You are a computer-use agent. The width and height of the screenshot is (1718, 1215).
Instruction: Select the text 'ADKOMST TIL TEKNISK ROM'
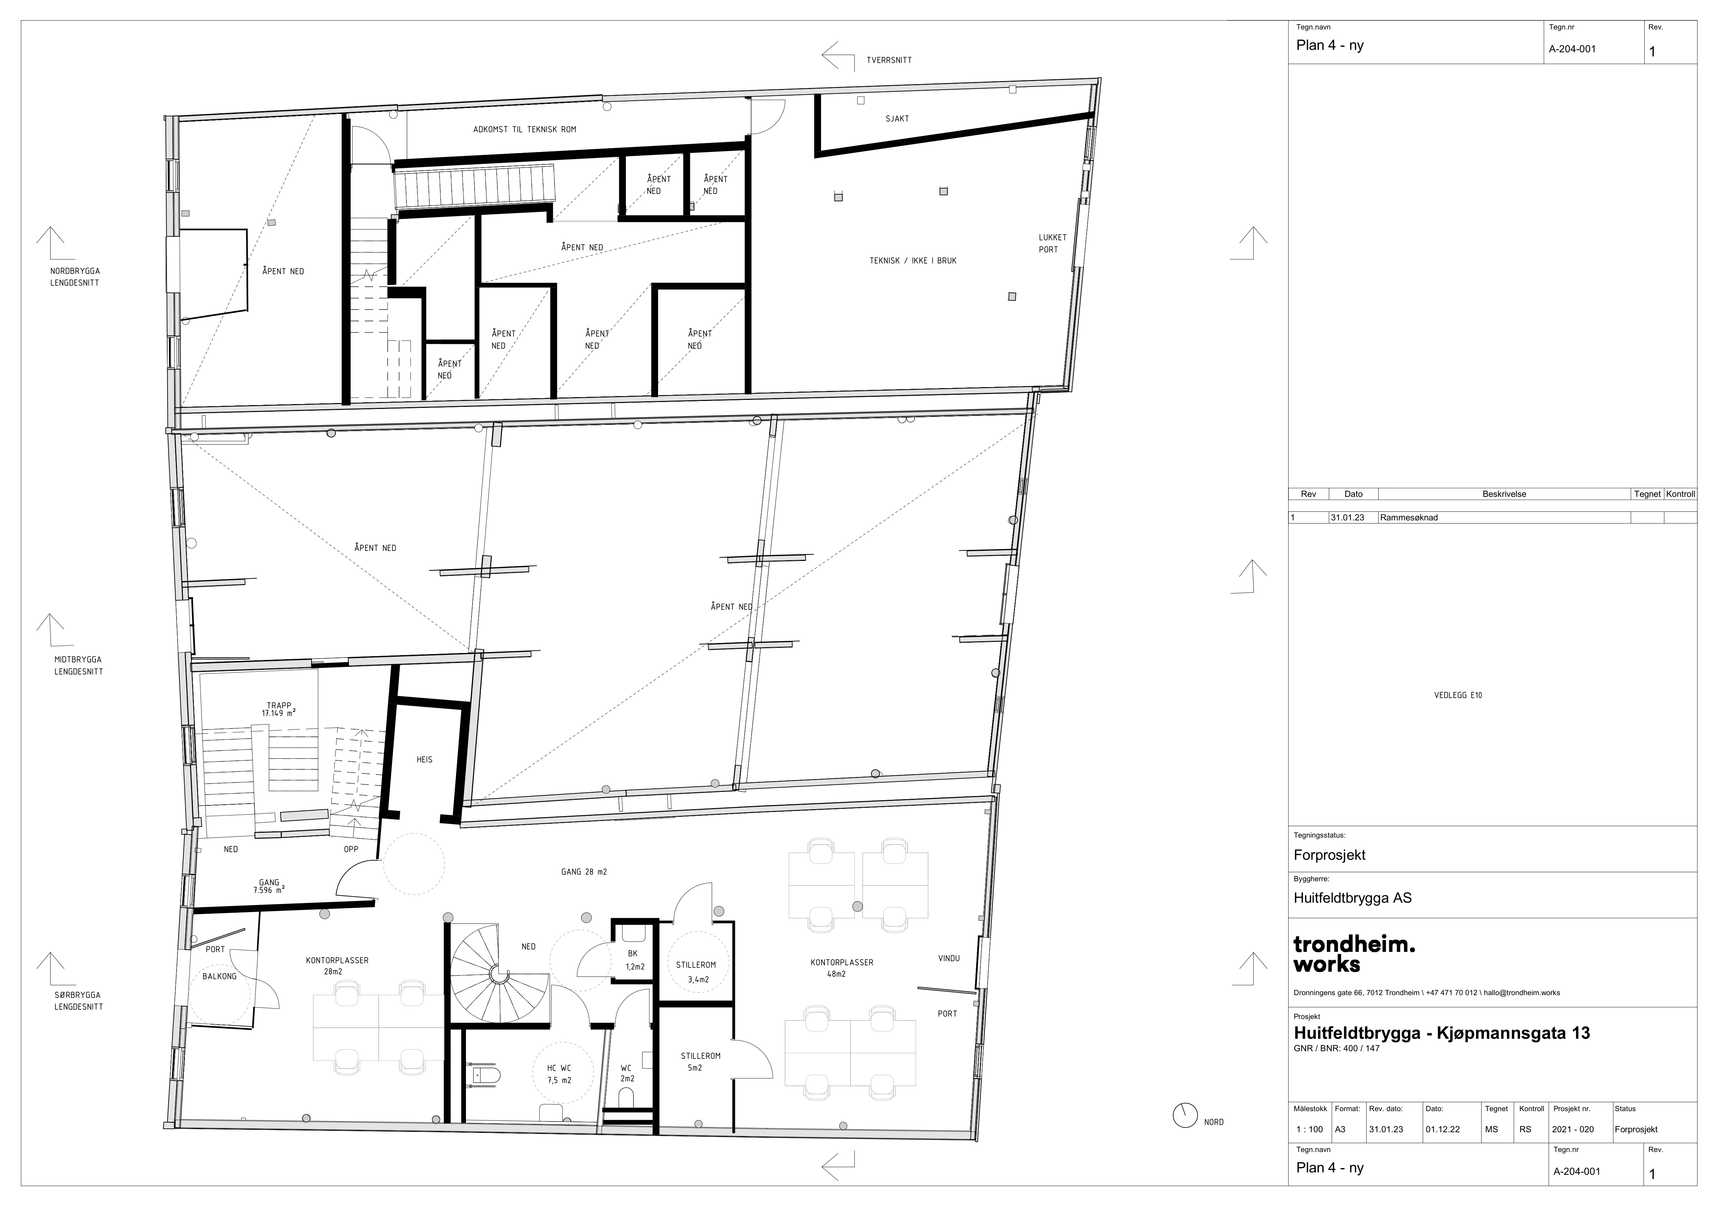pyautogui.click(x=524, y=129)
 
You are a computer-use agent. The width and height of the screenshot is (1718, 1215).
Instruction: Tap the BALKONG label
pyautogui.click(x=219, y=976)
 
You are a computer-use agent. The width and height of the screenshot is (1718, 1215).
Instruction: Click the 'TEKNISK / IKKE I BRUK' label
pyautogui.click(x=913, y=260)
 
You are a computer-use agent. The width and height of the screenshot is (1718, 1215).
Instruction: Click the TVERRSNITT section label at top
pyautogui.click(x=889, y=60)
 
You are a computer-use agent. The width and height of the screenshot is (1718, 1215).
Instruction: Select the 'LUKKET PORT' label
pyautogui.click(x=1052, y=243)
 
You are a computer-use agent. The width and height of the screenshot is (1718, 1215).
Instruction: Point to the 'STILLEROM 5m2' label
pyautogui.click(x=700, y=1062)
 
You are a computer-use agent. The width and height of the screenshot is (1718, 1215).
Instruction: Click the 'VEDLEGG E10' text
pyautogui.click(x=1458, y=696)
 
